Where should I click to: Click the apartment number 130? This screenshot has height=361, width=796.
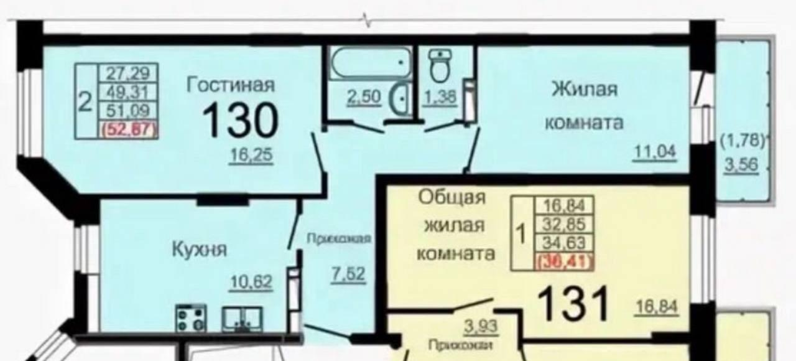click(x=240, y=120)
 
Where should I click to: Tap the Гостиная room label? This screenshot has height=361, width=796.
click(x=231, y=85)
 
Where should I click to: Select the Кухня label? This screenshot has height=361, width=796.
click(x=199, y=250)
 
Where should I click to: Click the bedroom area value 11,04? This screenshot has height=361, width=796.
click(x=654, y=151)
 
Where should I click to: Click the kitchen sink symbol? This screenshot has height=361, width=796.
click(x=242, y=319)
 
